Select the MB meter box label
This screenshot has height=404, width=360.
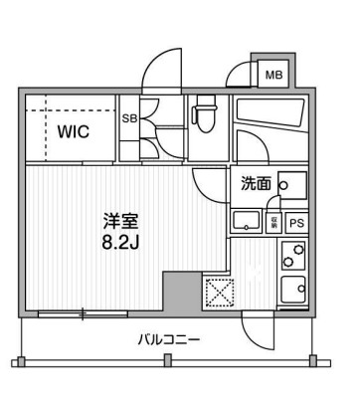[x=271, y=73]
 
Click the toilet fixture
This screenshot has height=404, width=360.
[x=206, y=115]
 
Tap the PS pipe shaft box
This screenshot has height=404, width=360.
[x=296, y=223]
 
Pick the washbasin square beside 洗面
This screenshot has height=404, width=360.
[x=290, y=185]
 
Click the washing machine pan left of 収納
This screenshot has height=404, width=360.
[x=245, y=221]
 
